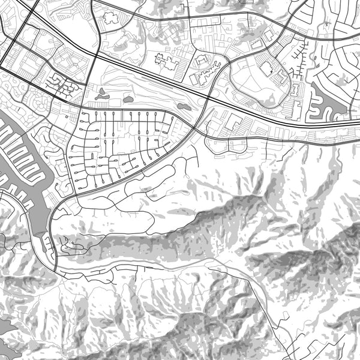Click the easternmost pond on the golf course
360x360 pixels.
point(183,106)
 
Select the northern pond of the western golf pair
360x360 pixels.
point(100,91)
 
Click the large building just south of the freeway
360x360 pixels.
point(234,124)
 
